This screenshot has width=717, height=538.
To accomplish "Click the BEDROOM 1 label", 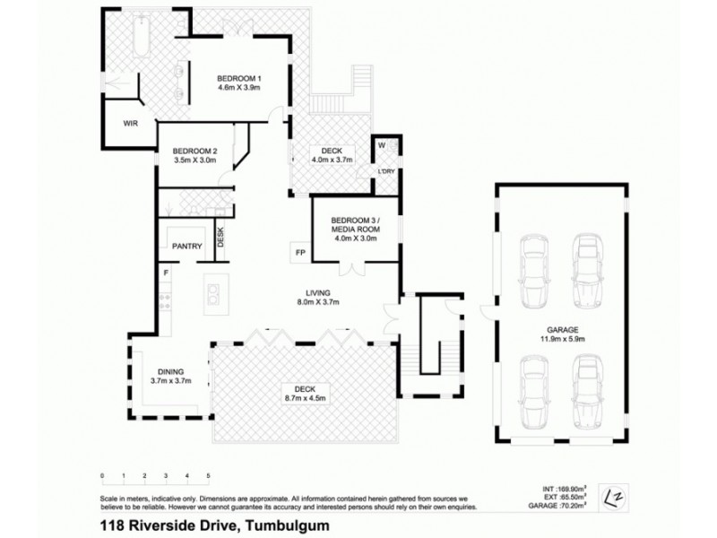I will click(x=239, y=79).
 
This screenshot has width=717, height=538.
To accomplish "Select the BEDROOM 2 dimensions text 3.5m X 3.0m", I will click(x=194, y=160).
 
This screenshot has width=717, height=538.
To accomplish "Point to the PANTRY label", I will click(x=186, y=246).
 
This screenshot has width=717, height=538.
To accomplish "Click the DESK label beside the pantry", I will click(x=220, y=238).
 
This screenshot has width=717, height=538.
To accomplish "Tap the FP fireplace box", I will click(x=298, y=253).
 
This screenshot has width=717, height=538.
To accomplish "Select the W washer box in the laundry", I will click(x=381, y=146).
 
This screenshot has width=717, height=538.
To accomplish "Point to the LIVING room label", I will click(x=318, y=293).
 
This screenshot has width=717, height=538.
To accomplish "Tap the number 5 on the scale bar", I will click(x=208, y=474).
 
